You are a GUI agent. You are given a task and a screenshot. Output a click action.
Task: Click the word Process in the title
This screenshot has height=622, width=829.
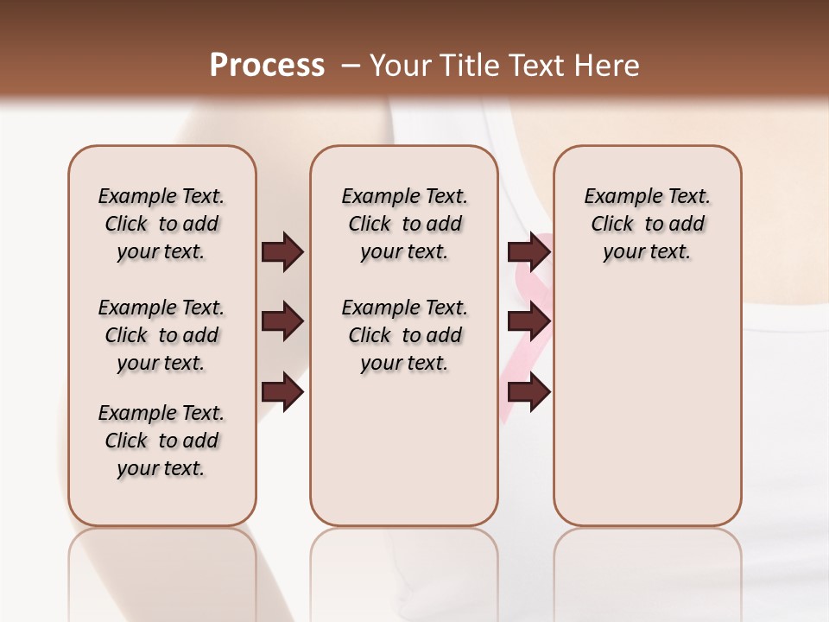point(267,66)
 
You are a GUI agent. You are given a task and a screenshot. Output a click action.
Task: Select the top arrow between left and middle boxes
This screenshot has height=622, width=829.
point(282,251)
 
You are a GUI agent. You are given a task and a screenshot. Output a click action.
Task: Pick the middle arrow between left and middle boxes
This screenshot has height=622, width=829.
point(282,321)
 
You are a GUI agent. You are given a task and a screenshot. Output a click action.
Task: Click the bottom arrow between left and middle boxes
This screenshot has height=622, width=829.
point(282,392)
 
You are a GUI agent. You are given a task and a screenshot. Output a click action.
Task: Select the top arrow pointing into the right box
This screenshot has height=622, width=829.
point(528,251)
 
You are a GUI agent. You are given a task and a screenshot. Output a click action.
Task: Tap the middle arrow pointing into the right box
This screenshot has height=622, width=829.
point(528,321)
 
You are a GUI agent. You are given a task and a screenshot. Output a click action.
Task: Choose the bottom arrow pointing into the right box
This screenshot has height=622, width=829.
point(528,392)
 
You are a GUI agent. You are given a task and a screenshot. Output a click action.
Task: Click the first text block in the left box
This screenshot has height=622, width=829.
point(161,224)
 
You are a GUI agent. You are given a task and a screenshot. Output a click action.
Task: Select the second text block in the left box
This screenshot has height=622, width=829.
point(161,335)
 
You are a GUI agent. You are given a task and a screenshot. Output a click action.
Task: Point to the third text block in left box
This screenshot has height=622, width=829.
point(161,441)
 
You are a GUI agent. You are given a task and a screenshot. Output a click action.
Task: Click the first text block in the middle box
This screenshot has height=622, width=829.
point(405,224)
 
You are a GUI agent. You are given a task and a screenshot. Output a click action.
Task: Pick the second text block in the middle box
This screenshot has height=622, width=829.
point(405,335)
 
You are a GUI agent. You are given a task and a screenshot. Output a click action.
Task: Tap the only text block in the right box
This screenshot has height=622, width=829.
point(648,224)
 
